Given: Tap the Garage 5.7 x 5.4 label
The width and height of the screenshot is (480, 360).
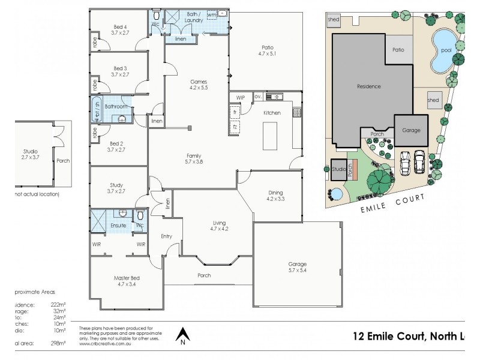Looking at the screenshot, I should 297,268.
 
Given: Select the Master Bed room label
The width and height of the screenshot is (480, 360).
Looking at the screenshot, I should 126,281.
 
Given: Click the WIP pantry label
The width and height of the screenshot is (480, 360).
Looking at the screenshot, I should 241,97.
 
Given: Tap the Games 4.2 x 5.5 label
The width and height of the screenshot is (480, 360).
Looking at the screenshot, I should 199,84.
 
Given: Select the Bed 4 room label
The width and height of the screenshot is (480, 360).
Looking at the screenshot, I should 120,29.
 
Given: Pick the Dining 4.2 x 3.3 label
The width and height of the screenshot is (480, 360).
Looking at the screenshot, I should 275,196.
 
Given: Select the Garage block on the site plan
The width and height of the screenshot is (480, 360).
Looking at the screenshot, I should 411,130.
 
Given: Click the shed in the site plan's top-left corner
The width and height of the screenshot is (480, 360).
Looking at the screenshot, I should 334,20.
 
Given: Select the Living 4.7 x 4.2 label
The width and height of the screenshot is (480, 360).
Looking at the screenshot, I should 219,225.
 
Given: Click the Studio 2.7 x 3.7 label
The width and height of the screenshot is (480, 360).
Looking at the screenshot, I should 31,154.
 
